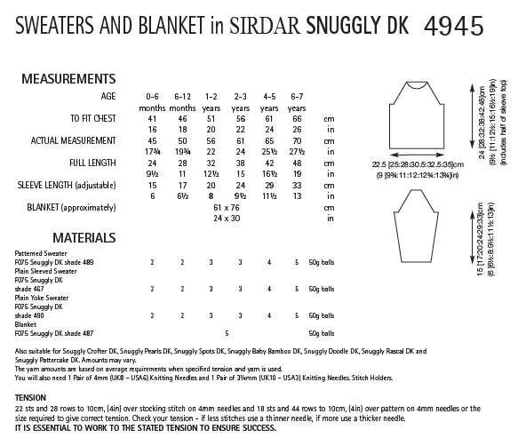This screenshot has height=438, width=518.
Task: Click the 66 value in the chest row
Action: click(x=297, y=118)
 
